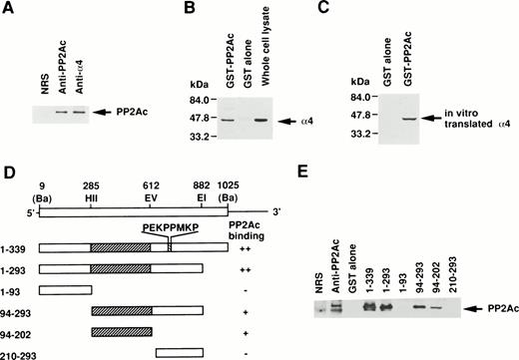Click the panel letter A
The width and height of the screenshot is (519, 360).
click(9, 9)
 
